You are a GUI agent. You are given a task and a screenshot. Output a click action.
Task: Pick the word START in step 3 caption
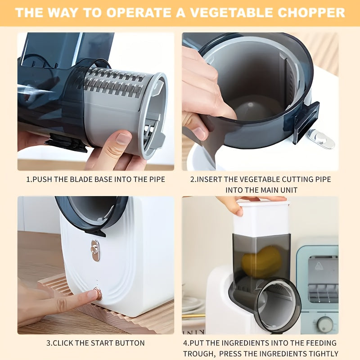pos(101,343)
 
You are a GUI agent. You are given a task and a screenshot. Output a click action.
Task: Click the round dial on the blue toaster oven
pos(324,323)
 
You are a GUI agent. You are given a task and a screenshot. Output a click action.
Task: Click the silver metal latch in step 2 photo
pos(323,139)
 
